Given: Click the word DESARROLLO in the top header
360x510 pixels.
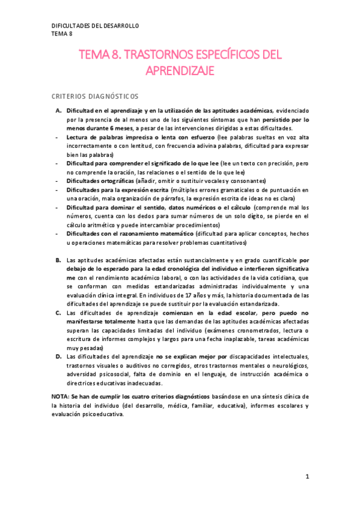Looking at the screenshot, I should coord(119,26).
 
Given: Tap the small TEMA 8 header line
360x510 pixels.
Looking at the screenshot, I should coord(61,34).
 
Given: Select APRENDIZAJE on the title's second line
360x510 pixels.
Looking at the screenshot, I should coord(180,71).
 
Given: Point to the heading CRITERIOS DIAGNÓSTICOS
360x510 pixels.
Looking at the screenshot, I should coord(95,96).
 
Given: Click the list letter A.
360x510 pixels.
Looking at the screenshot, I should coord(58,111).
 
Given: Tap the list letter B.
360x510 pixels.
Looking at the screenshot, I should coord(58,260).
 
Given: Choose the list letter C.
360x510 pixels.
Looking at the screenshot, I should coord(58,313).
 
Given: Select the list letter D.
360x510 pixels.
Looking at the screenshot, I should coord(58,357).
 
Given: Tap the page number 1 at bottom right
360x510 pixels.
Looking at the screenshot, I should coord(307,477).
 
